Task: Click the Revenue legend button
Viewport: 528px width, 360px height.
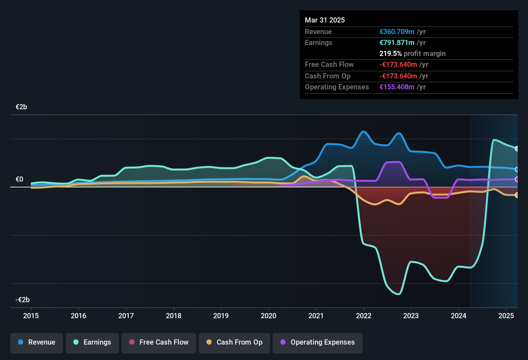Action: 37,342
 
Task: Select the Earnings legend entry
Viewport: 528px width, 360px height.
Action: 92,342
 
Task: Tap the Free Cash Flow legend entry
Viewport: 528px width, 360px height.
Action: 159,342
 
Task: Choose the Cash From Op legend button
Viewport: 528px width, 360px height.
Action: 234,342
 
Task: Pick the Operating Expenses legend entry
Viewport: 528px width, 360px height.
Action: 318,342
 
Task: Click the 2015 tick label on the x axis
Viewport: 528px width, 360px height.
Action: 31,316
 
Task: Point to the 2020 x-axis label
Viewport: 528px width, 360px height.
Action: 269,316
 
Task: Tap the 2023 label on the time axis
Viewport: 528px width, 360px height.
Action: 411,316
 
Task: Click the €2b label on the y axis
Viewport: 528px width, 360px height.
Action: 21,107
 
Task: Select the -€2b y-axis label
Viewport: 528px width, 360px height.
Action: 23,300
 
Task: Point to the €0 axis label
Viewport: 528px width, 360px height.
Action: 19,179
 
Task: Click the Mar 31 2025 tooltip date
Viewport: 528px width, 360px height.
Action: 325,20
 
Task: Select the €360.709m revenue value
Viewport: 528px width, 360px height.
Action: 397,32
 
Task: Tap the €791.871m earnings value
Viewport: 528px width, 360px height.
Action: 397,43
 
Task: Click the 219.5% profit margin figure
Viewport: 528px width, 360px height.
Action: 390,54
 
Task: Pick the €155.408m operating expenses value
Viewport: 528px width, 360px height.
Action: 397,87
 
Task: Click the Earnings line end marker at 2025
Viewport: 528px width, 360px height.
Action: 517,148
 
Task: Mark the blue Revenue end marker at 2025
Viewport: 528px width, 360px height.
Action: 517,169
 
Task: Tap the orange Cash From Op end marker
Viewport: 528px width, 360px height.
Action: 517,195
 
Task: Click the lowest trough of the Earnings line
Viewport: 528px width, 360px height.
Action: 399,294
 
